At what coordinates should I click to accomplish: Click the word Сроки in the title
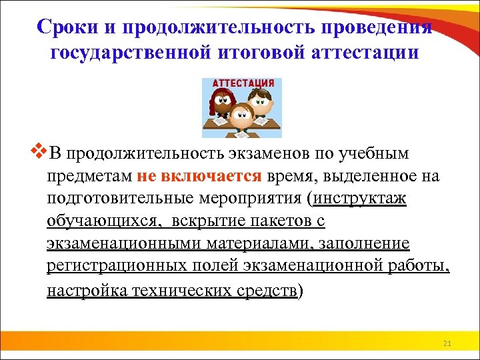click(65, 27)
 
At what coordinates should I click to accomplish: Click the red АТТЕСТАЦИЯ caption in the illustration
click(242, 84)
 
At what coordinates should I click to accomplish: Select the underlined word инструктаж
click(360, 199)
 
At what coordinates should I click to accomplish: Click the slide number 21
click(447, 343)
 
